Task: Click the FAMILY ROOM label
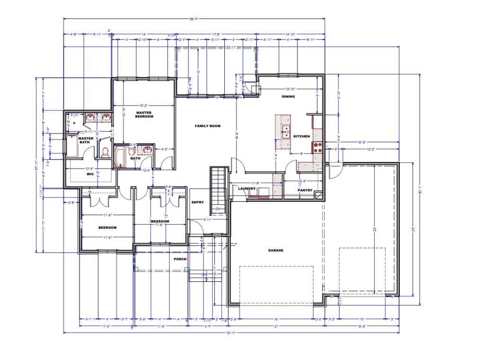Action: pos(208,126)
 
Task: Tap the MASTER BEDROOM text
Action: pos(144,115)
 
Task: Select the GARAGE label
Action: pos(275,251)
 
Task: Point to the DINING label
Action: pos(288,97)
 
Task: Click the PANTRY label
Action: pos(305,190)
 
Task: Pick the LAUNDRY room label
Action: pos(247,189)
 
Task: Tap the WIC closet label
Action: pos(90,174)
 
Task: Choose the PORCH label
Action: pos(180,259)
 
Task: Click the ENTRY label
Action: pos(197,202)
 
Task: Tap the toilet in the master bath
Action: pos(105,152)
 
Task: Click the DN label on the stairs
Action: pos(218,209)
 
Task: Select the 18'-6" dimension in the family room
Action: pos(236,135)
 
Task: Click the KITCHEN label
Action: pos(301,136)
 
